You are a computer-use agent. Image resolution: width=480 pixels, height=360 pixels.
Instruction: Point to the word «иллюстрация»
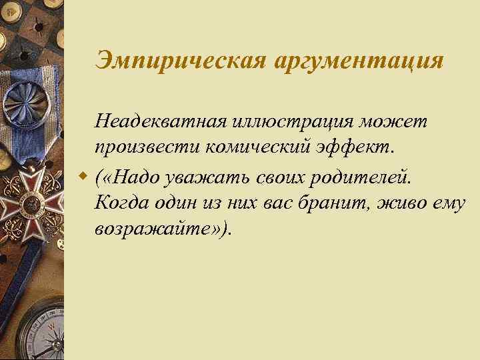(281, 123)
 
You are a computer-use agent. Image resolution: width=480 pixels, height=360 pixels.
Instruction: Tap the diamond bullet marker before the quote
(82, 178)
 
